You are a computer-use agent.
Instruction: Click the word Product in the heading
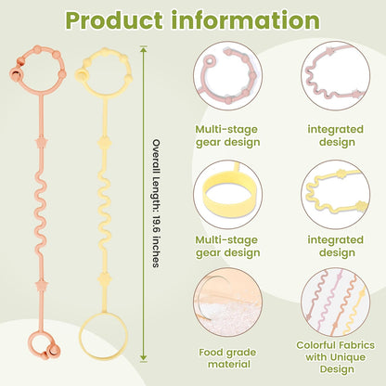point(114,20)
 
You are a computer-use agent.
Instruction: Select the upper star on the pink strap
point(41,143)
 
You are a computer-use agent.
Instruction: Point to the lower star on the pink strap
point(41,285)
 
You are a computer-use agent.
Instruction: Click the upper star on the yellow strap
point(105,143)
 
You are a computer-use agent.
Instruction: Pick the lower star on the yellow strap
point(105,279)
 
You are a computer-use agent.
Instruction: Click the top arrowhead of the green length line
point(143,49)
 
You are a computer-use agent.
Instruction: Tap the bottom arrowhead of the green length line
point(143,358)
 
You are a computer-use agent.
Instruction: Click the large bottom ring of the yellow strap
point(103,336)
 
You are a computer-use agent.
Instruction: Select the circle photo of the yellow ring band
point(228,195)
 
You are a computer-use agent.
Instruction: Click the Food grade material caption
point(228,358)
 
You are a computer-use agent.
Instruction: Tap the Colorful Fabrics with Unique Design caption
point(335,357)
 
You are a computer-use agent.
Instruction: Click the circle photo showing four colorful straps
point(335,302)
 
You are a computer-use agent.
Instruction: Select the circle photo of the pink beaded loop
point(228,76)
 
